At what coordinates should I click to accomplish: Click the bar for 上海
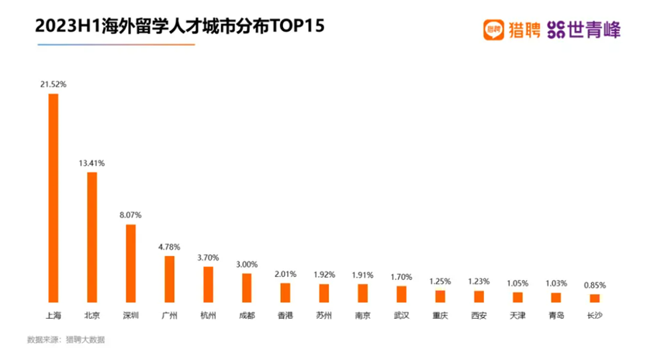click(54, 197)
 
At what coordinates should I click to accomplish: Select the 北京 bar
click(92, 237)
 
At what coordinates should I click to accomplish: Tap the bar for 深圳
click(131, 262)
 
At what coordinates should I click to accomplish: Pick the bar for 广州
click(170, 279)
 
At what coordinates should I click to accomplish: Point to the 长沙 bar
click(594, 297)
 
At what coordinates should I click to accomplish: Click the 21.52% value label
click(54, 84)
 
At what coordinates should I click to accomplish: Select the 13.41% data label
click(92, 163)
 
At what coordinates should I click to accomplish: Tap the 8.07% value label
click(130, 214)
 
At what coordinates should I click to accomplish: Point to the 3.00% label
click(247, 264)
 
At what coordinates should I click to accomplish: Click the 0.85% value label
click(594, 285)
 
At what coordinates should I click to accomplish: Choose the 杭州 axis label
click(208, 316)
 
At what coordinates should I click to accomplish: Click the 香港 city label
click(285, 316)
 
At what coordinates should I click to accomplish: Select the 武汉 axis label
click(401, 316)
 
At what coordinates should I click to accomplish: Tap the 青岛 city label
click(555, 316)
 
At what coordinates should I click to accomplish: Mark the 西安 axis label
click(479, 316)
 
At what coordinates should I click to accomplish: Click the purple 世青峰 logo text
click(594, 29)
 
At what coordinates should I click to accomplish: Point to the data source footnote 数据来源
click(66, 340)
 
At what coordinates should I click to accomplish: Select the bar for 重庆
click(441, 296)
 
